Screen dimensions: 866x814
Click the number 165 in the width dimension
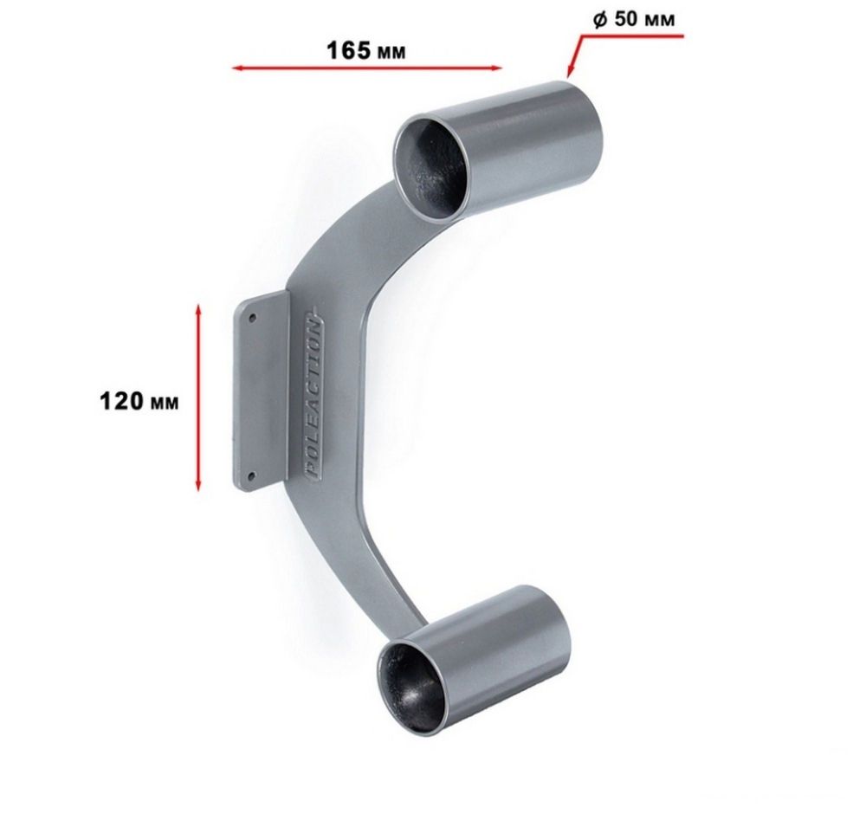pos(348,50)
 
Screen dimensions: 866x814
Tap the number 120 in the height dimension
pos(121,401)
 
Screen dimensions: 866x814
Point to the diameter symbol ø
pos(600,19)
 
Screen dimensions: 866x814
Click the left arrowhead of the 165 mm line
pos(237,68)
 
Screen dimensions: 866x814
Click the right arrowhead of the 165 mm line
pos(495,68)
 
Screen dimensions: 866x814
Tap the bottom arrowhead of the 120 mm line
pos(198,484)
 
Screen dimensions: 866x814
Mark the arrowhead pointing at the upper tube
pos(570,70)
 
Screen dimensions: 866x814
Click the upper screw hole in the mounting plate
pos(252,318)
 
